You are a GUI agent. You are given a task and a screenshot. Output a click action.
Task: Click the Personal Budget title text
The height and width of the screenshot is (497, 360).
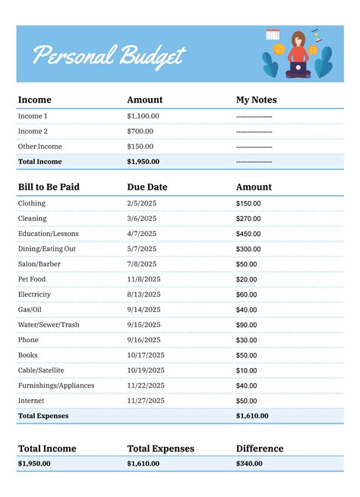(x=109, y=55)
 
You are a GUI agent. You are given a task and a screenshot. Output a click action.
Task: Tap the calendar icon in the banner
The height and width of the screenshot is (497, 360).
(x=273, y=34)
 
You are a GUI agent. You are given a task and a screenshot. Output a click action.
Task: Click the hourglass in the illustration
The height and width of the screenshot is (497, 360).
(x=314, y=35)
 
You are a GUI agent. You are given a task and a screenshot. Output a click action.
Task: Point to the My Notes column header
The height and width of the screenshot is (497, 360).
(x=257, y=99)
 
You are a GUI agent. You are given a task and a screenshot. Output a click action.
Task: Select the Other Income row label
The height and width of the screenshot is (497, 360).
(x=39, y=146)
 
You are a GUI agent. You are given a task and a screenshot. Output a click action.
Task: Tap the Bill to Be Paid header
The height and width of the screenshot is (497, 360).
(x=49, y=187)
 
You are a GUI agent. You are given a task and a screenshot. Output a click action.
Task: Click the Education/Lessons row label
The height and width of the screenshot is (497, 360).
(x=48, y=234)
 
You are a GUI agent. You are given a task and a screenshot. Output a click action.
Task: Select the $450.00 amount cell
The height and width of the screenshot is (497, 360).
(x=248, y=234)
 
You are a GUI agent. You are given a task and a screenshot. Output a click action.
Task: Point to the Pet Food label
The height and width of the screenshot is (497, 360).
(x=34, y=279)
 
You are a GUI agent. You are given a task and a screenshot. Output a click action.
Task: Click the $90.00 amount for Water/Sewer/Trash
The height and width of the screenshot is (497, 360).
(x=247, y=325)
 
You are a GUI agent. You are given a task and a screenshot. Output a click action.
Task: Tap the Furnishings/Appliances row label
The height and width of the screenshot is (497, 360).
(x=56, y=385)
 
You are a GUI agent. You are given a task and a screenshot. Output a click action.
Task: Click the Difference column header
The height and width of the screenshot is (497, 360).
(x=260, y=448)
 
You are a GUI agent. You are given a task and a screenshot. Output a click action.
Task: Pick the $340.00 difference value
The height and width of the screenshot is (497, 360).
(x=250, y=464)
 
